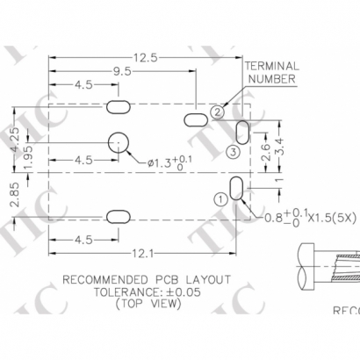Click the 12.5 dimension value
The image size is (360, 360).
[147, 57]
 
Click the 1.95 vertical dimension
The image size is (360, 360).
[30, 157]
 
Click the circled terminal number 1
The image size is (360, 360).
[219, 198]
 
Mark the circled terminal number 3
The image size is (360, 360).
[233, 152]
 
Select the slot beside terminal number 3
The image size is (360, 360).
[242, 132]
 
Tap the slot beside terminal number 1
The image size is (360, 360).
[236, 188]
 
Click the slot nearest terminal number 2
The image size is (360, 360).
[195, 117]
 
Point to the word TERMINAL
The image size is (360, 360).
[271, 66]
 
